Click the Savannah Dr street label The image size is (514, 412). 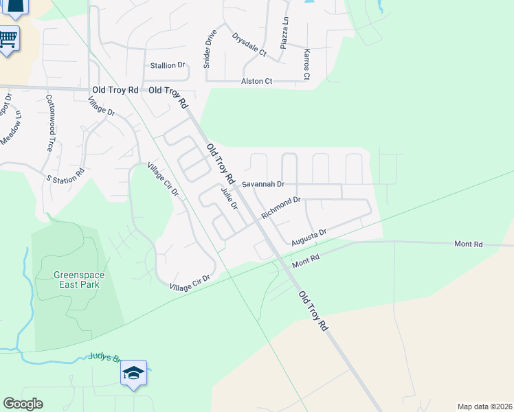[x=262, y=184]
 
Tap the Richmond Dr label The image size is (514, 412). [x=281, y=208]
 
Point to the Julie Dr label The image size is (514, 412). [x=230, y=197]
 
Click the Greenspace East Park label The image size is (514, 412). [x=79, y=279]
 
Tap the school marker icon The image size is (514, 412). [x=133, y=373]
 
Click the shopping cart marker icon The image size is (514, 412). [x=8, y=39]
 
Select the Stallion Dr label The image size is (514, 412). [x=168, y=65]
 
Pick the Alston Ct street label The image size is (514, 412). [x=256, y=81]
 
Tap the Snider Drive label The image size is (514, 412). [x=210, y=49]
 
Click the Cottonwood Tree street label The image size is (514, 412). [x=49, y=123]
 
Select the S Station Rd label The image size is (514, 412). [x=65, y=175]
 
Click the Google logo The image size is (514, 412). [x=23, y=404]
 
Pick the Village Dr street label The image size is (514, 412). [x=101, y=106]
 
